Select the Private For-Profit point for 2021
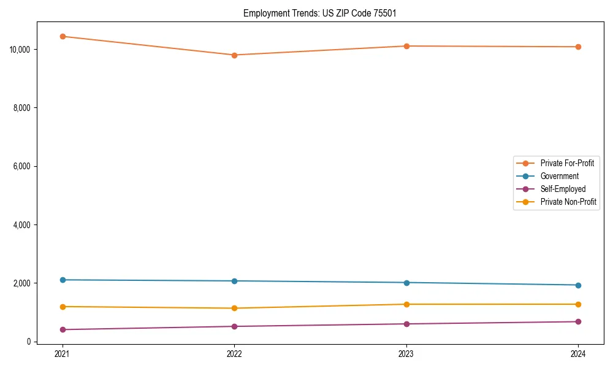[x=63, y=36]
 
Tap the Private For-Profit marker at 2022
[x=234, y=55]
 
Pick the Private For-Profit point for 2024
[x=578, y=47]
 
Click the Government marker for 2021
[x=63, y=280]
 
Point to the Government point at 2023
[x=406, y=283]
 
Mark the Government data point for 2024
[x=578, y=285]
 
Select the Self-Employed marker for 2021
[x=63, y=329]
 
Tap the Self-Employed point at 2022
[x=234, y=326]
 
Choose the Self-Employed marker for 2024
[x=578, y=321]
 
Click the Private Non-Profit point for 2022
[x=234, y=308]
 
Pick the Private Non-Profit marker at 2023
[x=406, y=304]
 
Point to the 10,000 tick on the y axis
[x=21, y=49]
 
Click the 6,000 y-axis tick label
[x=23, y=166]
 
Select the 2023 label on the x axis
[x=406, y=353]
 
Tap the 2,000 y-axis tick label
[x=23, y=283]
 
